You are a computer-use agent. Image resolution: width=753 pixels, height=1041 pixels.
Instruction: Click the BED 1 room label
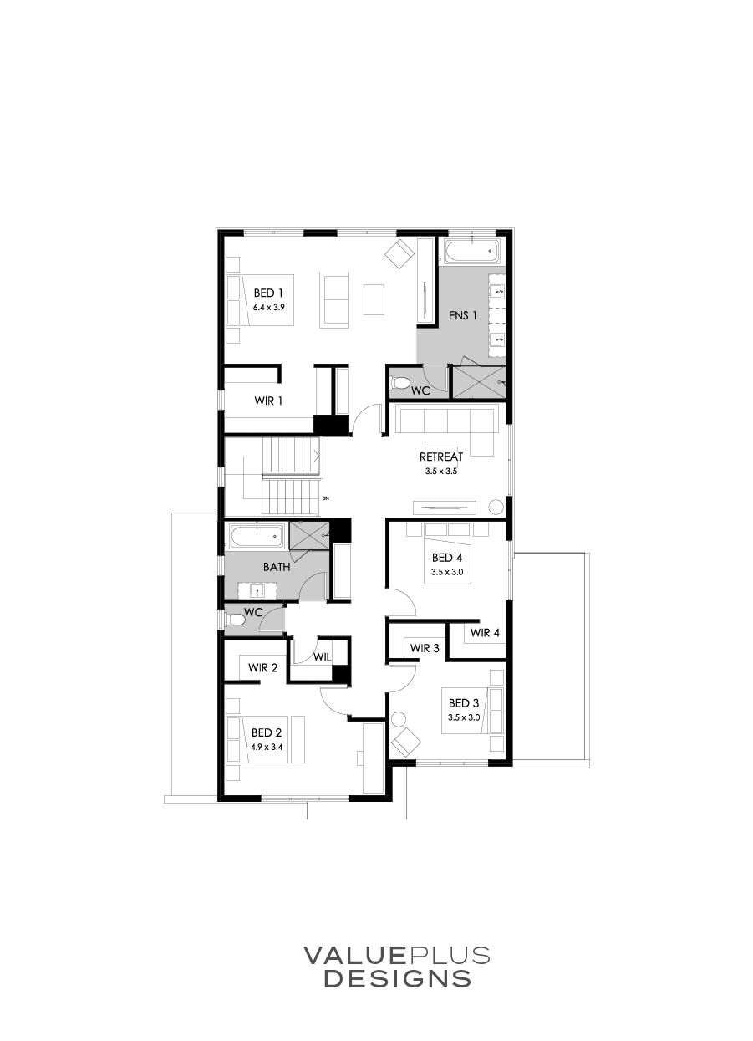click(269, 293)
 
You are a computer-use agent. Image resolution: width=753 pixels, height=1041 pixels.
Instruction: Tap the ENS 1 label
click(463, 316)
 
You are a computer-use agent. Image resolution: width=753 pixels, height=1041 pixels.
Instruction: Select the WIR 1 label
click(268, 401)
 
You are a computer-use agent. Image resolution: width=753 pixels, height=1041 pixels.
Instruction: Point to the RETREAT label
click(441, 457)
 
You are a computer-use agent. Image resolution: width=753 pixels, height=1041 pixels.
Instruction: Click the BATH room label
click(277, 567)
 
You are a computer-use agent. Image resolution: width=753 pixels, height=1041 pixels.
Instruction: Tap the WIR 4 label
click(485, 633)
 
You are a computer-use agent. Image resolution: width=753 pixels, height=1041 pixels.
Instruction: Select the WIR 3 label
click(425, 648)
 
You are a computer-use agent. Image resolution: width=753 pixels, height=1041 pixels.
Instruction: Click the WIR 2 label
click(262, 668)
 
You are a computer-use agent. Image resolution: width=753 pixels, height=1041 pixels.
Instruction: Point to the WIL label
click(323, 657)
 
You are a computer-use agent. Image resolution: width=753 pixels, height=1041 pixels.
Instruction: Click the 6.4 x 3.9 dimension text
click(269, 308)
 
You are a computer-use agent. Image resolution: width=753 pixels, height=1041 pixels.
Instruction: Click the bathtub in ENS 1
click(471, 251)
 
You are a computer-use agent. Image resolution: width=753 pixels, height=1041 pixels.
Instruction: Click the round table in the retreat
click(496, 506)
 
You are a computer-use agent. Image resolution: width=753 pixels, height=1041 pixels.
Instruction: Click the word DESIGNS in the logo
click(397, 978)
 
